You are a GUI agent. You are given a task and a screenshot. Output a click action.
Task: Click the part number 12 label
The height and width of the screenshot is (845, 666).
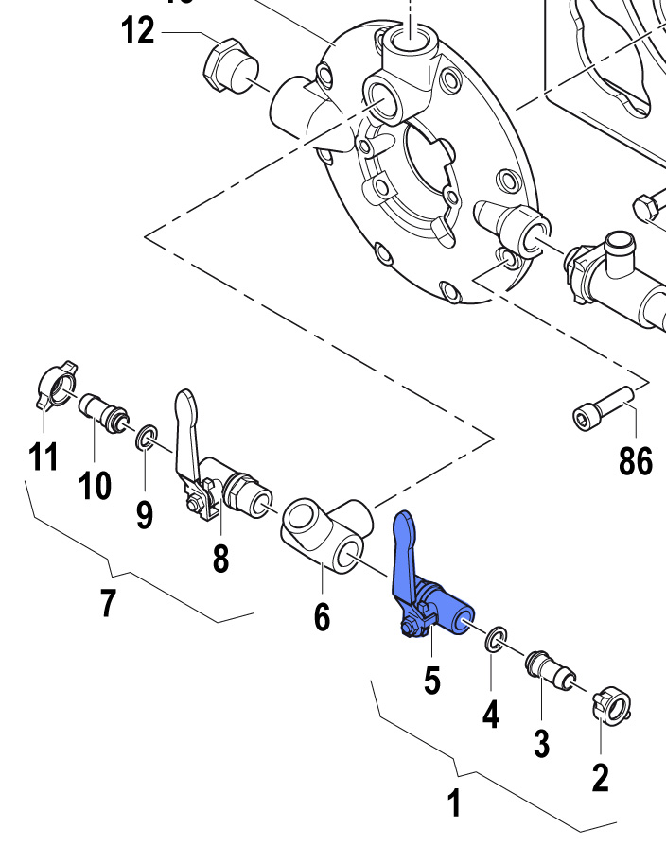(138, 31)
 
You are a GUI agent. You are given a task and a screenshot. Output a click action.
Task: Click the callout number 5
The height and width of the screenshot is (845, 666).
(431, 680)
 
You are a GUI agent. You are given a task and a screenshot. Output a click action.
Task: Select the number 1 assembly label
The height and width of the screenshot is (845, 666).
(454, 804)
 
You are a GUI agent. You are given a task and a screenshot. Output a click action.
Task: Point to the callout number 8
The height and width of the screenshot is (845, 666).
(220, 559)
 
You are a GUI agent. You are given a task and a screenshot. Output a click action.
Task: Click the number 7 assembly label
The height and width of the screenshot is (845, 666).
(108, 602)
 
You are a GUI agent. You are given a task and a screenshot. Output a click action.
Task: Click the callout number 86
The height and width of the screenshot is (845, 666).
(636, 461)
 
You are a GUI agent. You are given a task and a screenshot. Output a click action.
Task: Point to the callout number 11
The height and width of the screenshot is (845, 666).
(43, 457)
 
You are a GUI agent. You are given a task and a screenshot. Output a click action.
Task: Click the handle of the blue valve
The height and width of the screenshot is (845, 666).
(404, 548)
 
